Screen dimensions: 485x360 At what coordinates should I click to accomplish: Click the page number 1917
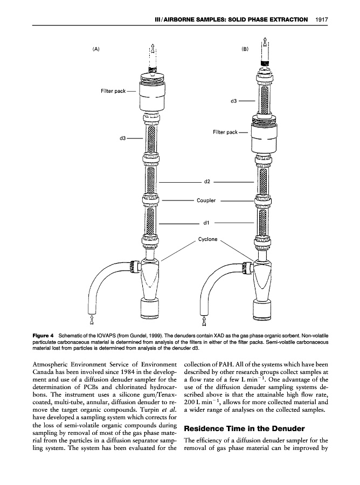(321, 20)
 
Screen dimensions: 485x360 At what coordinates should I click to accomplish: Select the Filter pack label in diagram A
(113, 91)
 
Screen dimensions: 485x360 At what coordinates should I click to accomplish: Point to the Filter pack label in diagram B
(225, 131)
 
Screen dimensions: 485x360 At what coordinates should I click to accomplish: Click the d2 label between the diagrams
(206, 183)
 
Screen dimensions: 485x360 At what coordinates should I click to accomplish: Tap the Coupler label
(206, 200)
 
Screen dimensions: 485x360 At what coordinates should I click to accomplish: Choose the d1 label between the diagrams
(206, 222)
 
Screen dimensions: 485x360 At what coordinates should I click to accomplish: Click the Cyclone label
(207, 239)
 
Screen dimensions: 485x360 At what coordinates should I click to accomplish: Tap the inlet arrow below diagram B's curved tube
(204, 322)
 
